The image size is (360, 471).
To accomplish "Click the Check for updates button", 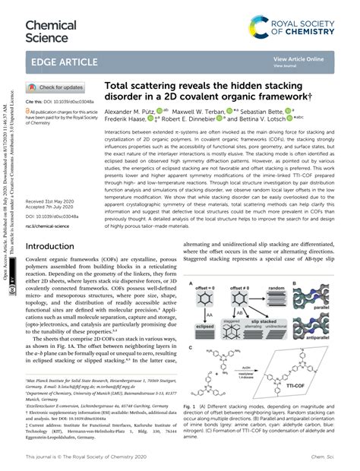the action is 56,88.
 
